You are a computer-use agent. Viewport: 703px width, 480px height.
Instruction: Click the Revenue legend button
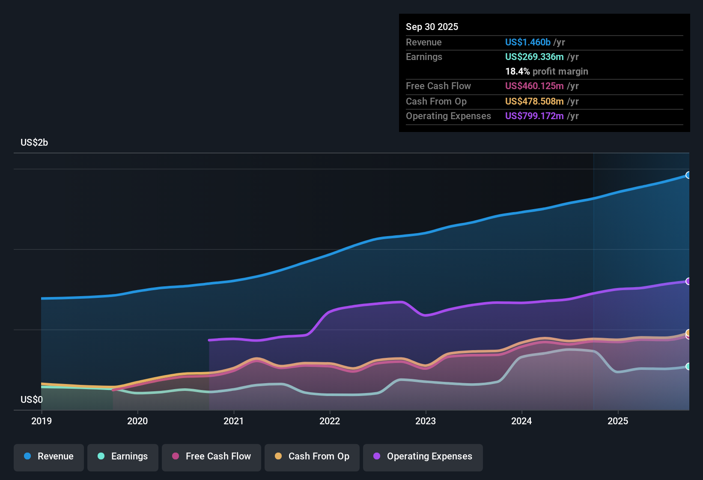[x=49, y=456]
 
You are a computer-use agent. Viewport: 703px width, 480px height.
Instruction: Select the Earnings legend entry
[x=123, y=456]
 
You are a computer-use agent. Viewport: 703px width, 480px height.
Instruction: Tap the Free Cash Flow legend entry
[x=211, y=456]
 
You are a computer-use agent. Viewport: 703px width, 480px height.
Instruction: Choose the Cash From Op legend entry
[x=312, y=456]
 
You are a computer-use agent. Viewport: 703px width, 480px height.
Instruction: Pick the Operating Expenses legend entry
[x=423, y=456]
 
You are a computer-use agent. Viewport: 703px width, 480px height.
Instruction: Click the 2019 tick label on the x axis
[x=42, y=421]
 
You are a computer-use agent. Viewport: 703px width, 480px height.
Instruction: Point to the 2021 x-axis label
[x=234, y=421]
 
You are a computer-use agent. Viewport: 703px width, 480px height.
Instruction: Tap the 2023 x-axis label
[x=426, y=421]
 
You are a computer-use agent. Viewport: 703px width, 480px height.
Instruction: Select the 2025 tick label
[x=618, y=421]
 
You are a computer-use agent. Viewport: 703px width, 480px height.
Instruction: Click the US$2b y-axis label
[x=34, y=143]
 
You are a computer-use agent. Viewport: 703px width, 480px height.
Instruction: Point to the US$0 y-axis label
[x=32, y=400]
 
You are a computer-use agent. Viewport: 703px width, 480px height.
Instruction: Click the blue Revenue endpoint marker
[x=688, y=175]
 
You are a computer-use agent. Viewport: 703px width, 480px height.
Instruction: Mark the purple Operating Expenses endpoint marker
[x=688, y=281]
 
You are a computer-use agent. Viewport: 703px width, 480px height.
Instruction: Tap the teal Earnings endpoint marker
[x=688, y=366]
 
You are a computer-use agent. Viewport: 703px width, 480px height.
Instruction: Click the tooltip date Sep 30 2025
[x=432, y=27]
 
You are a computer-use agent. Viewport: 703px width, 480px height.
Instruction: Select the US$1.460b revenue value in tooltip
[x=527, y=42]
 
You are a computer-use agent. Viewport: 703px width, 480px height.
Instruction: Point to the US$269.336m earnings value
[x=534, y=57]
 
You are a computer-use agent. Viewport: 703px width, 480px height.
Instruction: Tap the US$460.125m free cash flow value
[x=534, y=86]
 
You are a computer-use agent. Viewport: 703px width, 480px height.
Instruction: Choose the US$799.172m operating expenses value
[x=534, y=116]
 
